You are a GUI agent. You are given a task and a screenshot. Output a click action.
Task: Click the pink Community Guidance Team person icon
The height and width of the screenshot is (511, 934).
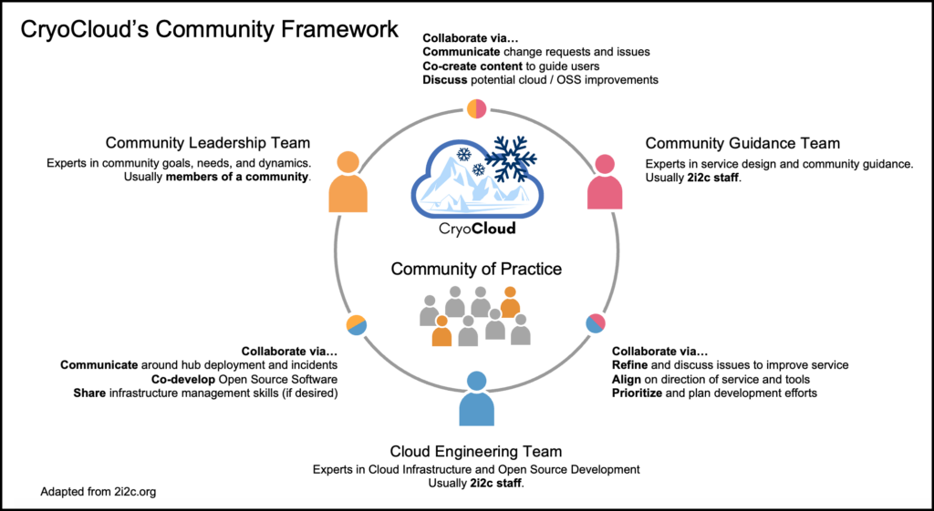pyautogui.click(x=605, y=182)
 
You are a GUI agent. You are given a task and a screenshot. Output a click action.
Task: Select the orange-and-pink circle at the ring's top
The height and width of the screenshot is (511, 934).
pyautogui.click(x=477, y=107)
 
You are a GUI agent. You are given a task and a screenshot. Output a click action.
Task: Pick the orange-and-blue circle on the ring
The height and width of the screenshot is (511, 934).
pyautogui.click(x=357, y=324)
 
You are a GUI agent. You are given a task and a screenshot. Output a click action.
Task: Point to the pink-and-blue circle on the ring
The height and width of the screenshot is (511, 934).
pyautogui.click(x=596, y=323)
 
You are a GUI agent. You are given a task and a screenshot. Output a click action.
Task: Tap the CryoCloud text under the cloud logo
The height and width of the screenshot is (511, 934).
pyautogui.click(x=477, y=229)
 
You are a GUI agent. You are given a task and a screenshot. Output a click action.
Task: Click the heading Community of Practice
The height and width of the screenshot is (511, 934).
pyautogui.click(x=476, y=269)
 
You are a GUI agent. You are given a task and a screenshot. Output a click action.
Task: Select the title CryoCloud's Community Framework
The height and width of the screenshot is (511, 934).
pyautogui.click(x=210, y=30)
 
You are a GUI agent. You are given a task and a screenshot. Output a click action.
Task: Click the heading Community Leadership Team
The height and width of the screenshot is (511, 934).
pyautogui.click(x=208, y=143)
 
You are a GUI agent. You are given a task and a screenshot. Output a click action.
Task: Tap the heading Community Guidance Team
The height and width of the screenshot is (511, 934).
pyautogui.click(x=742, y=143)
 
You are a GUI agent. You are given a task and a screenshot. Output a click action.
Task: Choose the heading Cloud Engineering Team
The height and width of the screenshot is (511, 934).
pyautogui.click(x=475, y=451)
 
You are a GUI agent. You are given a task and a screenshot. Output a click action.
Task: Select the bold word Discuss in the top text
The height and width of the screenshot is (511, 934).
pyautogui.click(x=445, y=80)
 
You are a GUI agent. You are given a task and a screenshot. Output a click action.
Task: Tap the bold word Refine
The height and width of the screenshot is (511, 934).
pyautogui.click(x=631, y=365)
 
